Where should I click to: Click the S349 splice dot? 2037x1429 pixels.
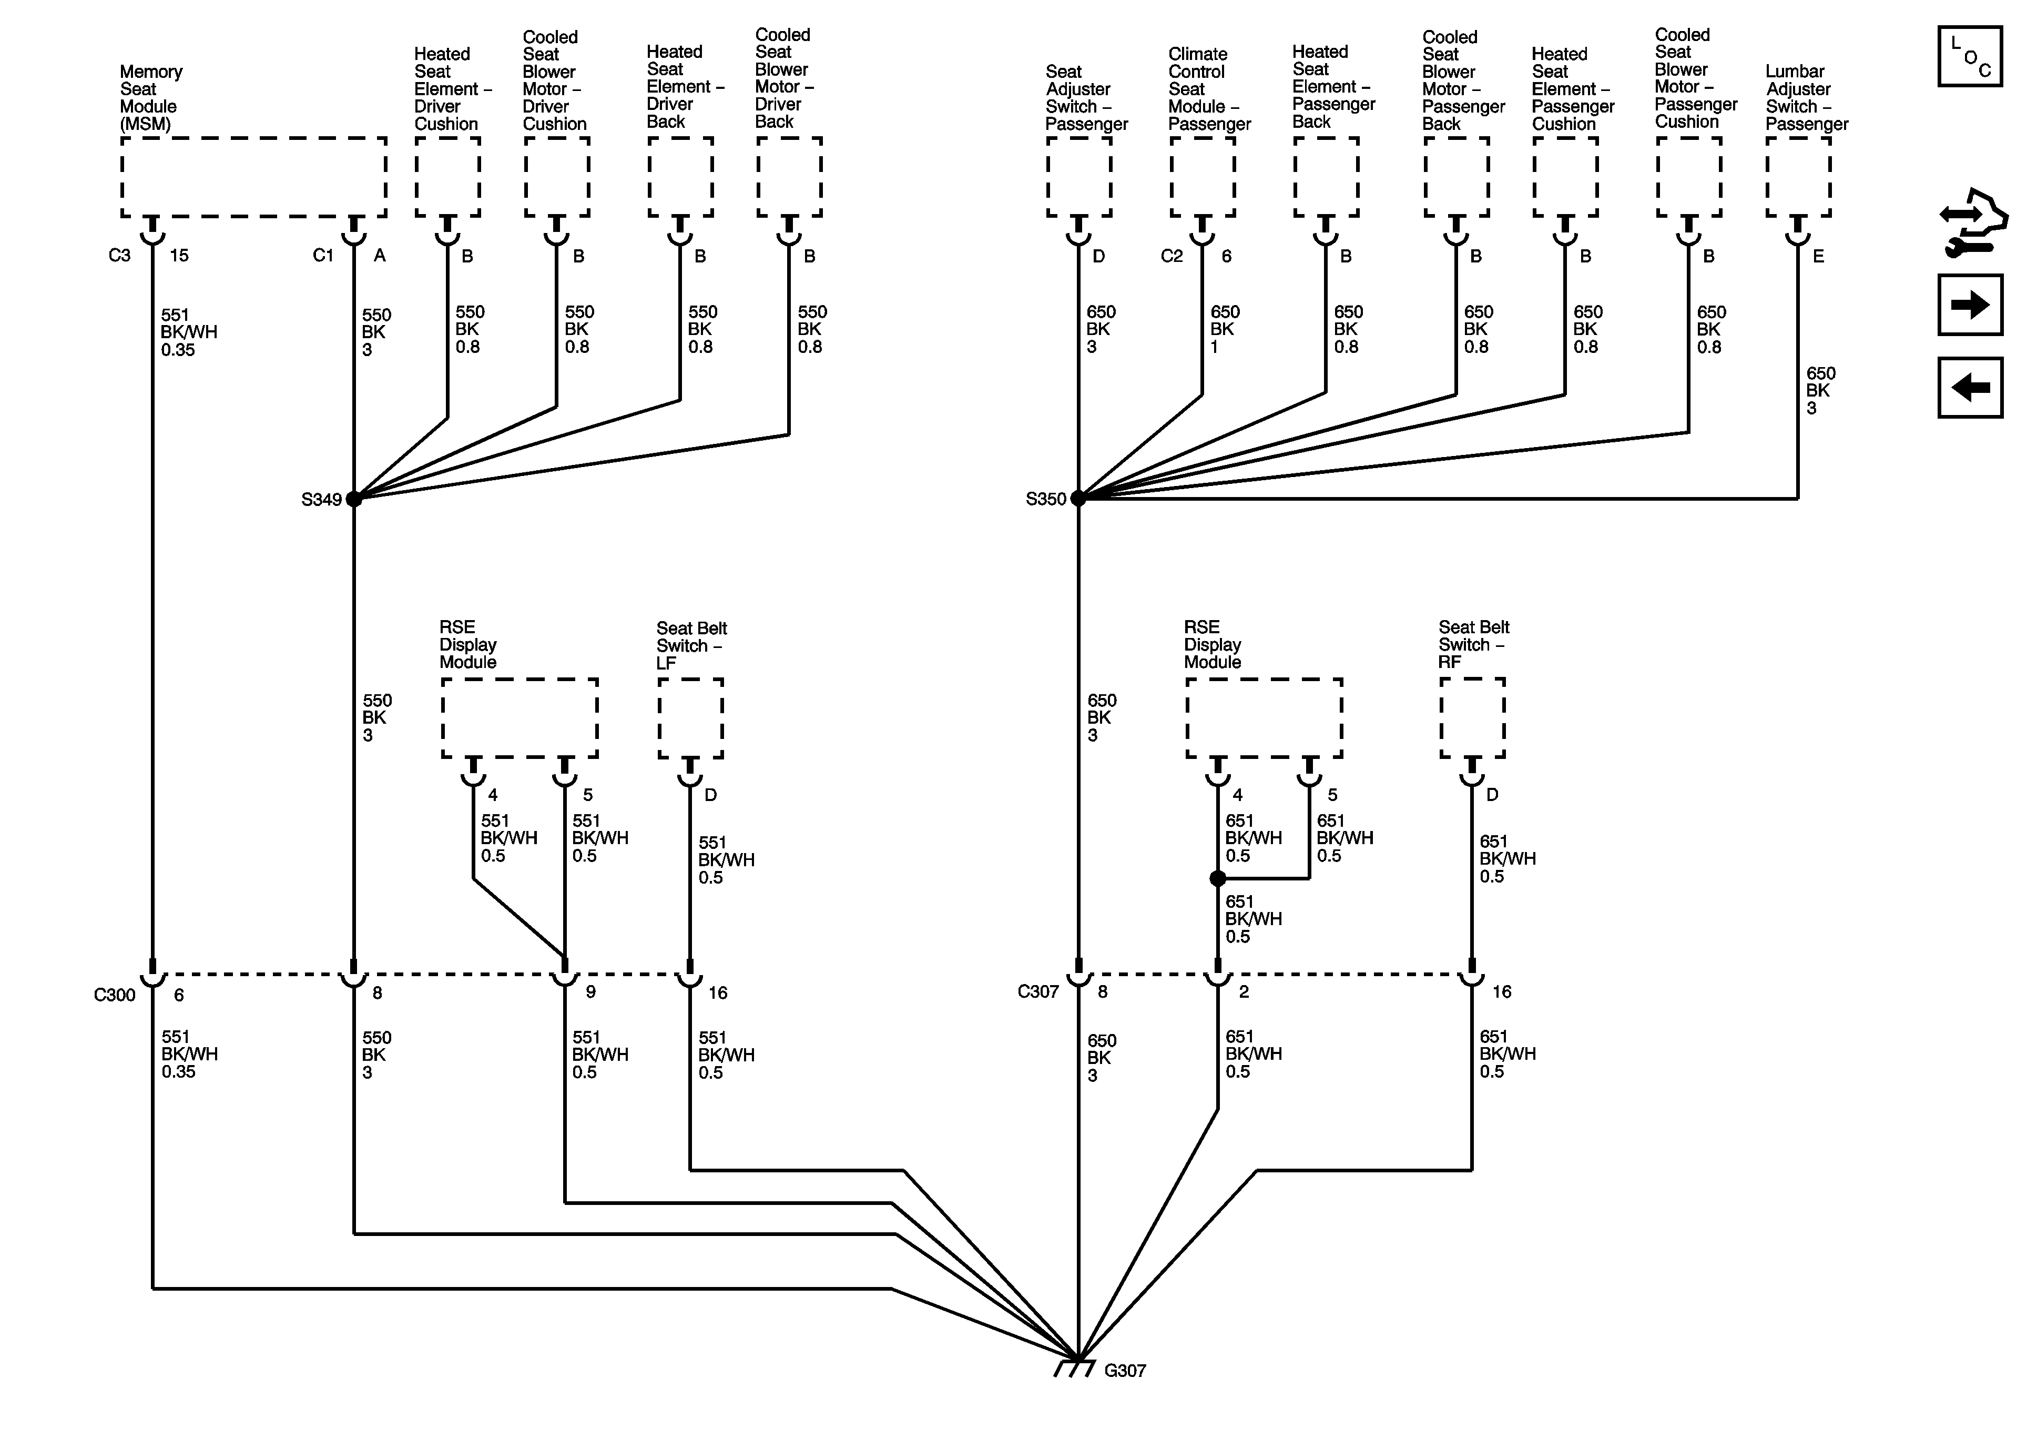pyautogui.click(x=354, y=499)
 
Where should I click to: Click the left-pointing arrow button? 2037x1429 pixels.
pyautogui.click(x=1970, y=388)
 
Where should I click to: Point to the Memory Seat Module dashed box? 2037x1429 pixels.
pyautogui.click(x=254, y=177)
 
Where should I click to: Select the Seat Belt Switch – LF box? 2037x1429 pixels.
pyautogui.click(x=690, y=718)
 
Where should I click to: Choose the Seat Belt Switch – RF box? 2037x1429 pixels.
pyautogui.click(x=1472, y=718)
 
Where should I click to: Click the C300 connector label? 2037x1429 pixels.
pyautogui.click(x=115, y=995)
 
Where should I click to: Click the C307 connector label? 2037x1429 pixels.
pyautogui.click(x=1038, y=991)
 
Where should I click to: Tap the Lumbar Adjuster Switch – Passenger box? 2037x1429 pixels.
pyautogui.click(x=1798, y=177)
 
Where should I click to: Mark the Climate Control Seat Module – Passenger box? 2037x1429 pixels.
pyautogui.click(x=1202, y=177)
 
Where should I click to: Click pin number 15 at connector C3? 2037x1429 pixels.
pyautogui.click(x=179, y=256)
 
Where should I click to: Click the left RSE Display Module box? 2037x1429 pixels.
pyautogui.click(x=519, y=718)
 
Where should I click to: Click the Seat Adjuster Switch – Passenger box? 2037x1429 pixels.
pyautogui.click(x=1079, y=177)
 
